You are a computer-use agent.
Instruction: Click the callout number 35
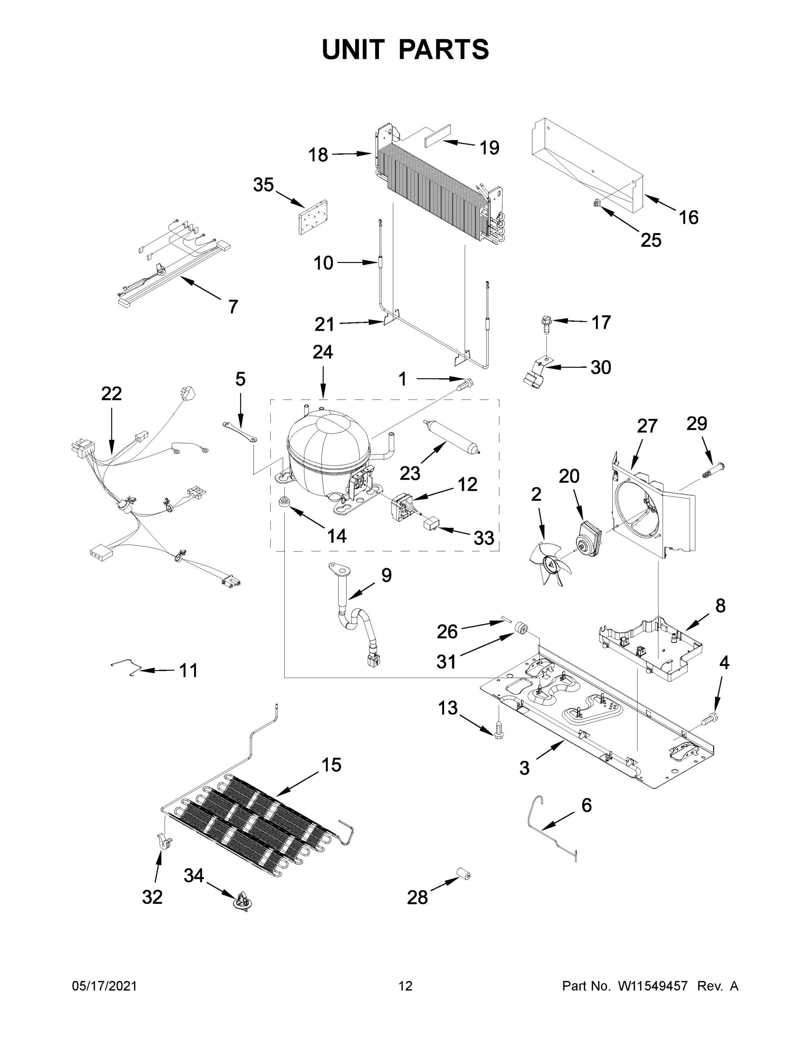[x=263, y=185]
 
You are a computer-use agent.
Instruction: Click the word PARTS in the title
[x=443, y=49]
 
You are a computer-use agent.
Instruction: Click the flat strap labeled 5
[x=240, y=431]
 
